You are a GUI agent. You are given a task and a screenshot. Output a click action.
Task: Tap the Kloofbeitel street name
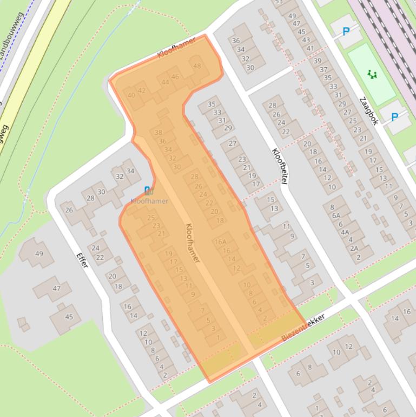(279, 166)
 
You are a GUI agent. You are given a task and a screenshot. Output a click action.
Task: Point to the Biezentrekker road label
(303, 327)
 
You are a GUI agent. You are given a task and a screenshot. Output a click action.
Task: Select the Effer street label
(82, 260)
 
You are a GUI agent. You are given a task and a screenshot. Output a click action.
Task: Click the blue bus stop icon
(148, 190)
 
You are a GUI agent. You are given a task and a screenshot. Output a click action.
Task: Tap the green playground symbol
(372, 74)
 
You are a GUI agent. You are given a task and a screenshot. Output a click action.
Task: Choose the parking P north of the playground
(346, 31)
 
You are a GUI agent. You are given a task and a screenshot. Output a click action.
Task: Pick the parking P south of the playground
(394, 116)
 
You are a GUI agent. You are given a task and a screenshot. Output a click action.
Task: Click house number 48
(197, 66)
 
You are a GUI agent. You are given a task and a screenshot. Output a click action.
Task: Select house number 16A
(220, 242)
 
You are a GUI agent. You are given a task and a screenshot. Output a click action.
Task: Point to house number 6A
(336, 215)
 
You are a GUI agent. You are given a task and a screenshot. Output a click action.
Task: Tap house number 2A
(354, 249)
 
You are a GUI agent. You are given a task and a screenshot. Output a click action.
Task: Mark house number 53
(279, 2)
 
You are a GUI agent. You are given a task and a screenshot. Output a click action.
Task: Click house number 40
(131, 95)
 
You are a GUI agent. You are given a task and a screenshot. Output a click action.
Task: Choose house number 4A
(345, 232)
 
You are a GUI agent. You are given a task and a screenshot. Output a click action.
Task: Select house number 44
(165, 82)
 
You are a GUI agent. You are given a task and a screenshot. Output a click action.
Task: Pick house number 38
(158, 132)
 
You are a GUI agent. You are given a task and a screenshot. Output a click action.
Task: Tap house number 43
(306, 40)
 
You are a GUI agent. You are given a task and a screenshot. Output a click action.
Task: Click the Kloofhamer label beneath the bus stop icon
(149, 201)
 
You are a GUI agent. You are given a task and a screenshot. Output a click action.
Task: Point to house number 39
(318, 61)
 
